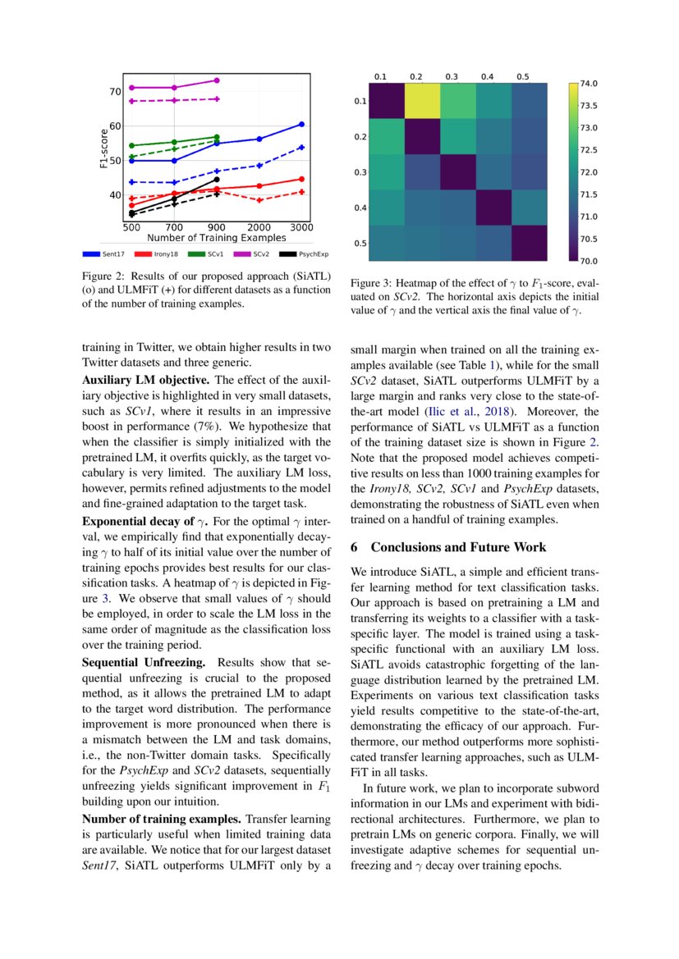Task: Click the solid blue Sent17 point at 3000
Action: point(301,124)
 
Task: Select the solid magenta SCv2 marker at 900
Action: point(217,80)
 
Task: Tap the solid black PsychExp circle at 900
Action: point(217,179)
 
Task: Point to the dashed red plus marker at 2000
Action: point(259,200)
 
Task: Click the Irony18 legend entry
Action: point(160,253)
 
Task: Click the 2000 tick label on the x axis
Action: point(259,226)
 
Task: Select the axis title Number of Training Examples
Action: point(217,236)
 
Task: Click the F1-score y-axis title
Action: point(104,148)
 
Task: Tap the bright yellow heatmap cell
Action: point(417,101)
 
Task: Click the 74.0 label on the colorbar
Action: point(588,84)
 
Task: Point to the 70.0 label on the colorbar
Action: point(588,262)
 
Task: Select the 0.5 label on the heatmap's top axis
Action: point(523,76)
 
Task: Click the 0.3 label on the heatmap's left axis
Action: point(360,172)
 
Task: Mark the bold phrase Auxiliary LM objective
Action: point(146,381)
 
